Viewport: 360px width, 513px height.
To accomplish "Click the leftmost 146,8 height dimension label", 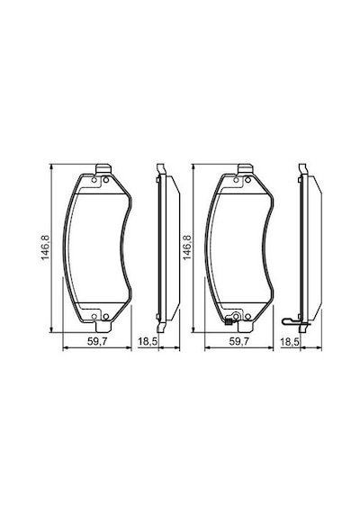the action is coord(45,247).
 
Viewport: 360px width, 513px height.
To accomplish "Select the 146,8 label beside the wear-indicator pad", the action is coord(187,247).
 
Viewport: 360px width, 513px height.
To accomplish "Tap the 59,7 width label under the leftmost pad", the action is coord(97,342).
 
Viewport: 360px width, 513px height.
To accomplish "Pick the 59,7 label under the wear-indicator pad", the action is coord(239,342).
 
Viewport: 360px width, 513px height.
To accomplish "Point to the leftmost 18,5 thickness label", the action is coord(148,342).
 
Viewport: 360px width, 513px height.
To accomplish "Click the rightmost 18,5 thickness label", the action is coord(290,342).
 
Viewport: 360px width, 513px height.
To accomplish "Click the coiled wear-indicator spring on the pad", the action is coord(229,321).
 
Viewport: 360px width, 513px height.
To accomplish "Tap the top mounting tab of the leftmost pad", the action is coord(103,169).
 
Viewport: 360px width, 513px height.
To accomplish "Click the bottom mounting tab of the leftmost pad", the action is coord(103,327).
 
